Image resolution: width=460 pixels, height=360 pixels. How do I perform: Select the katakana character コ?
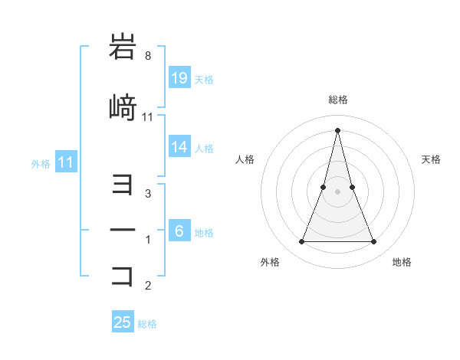[x=123, y=276]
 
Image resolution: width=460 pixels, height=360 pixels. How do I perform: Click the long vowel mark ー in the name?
[x=123, y=231]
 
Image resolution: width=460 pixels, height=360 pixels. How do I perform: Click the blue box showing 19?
[x=179, y=77]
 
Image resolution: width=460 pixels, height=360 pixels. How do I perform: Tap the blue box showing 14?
[x=179, y=148]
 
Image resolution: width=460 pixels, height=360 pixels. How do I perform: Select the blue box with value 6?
[x=179, y=231]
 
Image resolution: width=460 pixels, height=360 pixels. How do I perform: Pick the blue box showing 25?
[x=123, y=322]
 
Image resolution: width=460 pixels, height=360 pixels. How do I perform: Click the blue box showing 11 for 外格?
[x=65, y=162]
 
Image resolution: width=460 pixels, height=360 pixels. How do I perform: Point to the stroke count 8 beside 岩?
[x=148, y=56]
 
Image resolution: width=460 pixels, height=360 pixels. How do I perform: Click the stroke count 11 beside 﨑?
[x=148, y=117]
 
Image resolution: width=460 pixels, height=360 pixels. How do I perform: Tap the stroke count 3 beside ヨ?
[x=148, y=194]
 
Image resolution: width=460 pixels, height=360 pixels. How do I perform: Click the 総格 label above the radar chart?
[x=337, y=100]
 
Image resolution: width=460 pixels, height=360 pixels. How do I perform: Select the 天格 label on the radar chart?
[x=432, y=159]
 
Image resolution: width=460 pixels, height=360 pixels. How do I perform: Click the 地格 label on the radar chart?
[x=402, y=263]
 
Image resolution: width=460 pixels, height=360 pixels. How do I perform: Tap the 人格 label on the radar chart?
[x=245, y=159]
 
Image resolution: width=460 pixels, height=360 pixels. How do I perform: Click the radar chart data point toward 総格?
[x=337, y=130]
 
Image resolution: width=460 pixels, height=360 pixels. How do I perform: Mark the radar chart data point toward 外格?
[x=301, y=242]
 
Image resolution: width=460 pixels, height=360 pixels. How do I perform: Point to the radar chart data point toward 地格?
[x=374, y=242]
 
